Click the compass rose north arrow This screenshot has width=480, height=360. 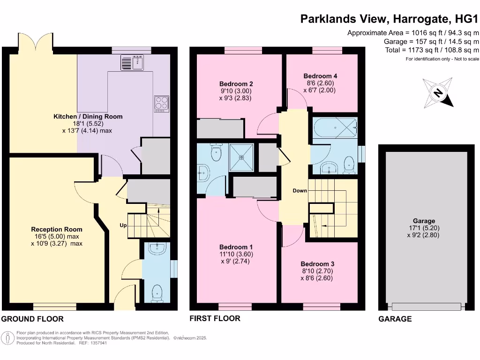[x=438, y=93]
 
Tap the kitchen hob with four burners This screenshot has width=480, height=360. [x=162, y=103]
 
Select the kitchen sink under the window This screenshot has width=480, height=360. [x=133, y=62]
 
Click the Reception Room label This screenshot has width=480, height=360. [x=57, y=229]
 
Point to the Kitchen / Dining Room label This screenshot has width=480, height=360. [x=88, y=117]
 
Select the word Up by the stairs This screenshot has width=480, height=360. [x=123, y=225]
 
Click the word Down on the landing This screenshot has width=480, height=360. [x=300, y=191]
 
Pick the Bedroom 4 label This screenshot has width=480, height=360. [x=320, y=76]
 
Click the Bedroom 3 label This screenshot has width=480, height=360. [x=317, y=264]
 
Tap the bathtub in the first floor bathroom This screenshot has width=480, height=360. [x=335, y=127]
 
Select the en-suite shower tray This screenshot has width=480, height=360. [x=241, y=157]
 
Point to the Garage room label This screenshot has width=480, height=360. [x=424, y=221]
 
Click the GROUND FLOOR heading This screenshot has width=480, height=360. [x=32, y=319]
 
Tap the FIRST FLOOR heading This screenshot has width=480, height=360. [x=215, y=319]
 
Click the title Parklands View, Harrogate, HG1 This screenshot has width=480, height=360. [x=390, y=19]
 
